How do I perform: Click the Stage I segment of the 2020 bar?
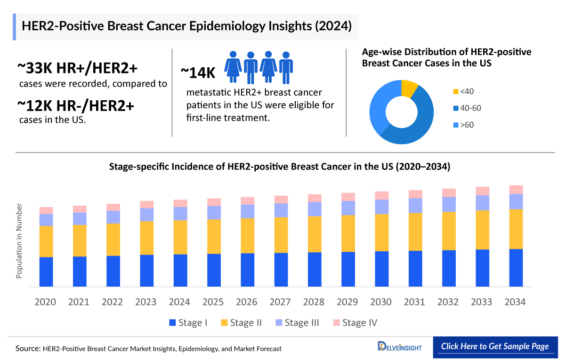(46, 272)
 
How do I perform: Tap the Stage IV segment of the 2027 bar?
(281, 199)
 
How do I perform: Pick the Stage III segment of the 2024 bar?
(180, 214)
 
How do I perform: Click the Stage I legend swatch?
(172, 323)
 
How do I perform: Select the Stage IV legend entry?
(355, 323)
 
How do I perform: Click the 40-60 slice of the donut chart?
(414, 127)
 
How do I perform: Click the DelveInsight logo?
(400, 347)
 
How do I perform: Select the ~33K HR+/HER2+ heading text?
(78, 69)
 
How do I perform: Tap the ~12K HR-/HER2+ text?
(76, 106)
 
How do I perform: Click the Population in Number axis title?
(19, 240)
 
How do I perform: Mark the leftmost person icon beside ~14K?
(232, 67)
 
